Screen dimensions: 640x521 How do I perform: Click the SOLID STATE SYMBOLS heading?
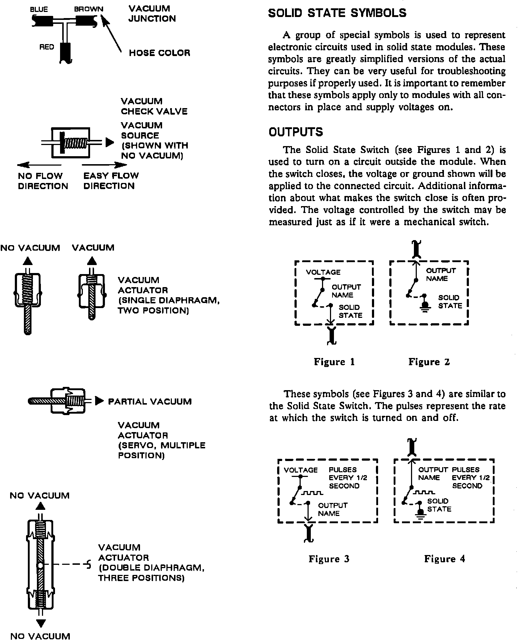(337, 13)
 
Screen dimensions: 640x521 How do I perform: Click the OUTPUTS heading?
(296, 132)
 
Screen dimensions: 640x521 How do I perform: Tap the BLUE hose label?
(39, 9)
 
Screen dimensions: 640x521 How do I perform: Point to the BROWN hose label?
(89, 9)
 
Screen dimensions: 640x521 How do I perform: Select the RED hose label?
(47, 47)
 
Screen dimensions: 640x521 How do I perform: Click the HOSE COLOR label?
(160, 53)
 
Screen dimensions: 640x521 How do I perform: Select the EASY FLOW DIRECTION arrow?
(105, 165)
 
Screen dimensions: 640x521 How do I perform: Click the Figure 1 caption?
(334, 362)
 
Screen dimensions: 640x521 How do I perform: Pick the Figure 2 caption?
(429, 362)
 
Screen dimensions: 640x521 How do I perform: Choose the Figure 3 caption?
(329, 559)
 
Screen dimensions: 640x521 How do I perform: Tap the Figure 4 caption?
(445, 559)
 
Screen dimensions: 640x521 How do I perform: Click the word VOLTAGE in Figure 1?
(323, 272)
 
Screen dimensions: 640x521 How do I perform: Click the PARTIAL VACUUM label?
(150, 402)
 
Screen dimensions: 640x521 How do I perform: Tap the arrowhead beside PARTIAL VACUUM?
(99, 401)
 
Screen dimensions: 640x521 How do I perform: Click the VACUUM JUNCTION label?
(152, 13)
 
